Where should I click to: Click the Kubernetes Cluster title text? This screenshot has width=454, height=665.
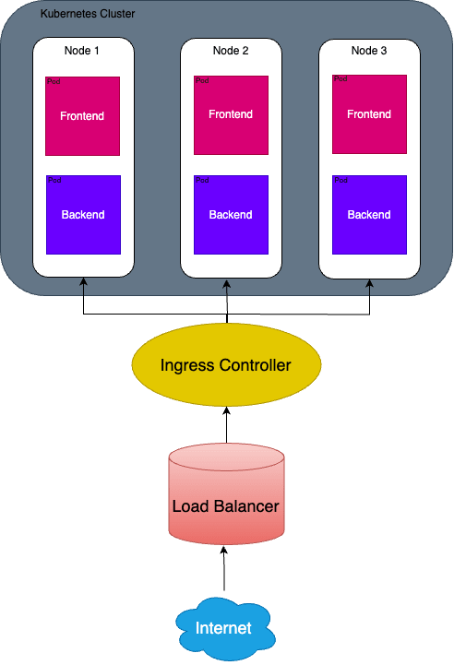pyautogui.click(x=88, y=14)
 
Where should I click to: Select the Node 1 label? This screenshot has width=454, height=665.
pyautogui.click(x=81, y=51)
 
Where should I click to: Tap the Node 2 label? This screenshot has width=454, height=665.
pyautogui.click(x=231, y=51)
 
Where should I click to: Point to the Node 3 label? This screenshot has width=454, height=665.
pyautogui.click(x=369, y=51)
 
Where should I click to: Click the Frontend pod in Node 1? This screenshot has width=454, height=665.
pyautogui.click(x=83, y=116)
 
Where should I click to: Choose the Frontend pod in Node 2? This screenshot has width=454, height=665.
pyautogui.click(x=232, y=115)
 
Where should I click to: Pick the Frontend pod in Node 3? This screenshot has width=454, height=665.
pyautogui.click(x=369, y=114)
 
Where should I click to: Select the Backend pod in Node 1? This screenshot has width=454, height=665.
pyautogui.click(x=84, y=215)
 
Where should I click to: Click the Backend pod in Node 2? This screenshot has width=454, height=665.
pyautogui.click(x=232, y=215)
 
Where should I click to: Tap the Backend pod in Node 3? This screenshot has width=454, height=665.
pyautogui.click(x=369, y=215)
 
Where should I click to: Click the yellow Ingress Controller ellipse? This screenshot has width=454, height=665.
pyautogui.click(x=226, y=364)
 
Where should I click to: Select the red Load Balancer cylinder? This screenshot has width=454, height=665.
pyautogui.click(x=227, y=493)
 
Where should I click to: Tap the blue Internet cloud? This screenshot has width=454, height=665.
pyautogui.click(x=224, y=628)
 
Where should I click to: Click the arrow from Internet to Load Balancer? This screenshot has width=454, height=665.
pyautogui.click(x=224, y=568)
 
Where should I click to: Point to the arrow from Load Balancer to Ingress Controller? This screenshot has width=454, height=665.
pyautogui.click(x=227, y=425)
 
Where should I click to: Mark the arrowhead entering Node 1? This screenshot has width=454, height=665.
pyautogui.click(x=84, y=281)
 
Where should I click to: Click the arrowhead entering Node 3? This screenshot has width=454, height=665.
pyautogui.click(x=369, y=283)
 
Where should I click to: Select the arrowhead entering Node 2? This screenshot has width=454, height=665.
pyautogui.click(x=227, y=283)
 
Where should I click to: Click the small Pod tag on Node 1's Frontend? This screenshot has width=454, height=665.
pyautogui.click(x=54, y=81)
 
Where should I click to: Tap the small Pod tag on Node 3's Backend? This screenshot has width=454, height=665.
pyautogui.click(x=340, y=180)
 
